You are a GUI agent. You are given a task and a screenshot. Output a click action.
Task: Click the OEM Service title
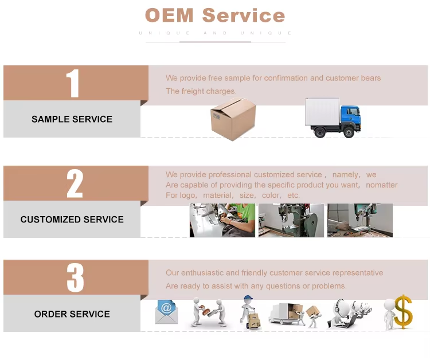click(215, 15)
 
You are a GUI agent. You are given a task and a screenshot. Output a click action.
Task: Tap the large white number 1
click(73, 83)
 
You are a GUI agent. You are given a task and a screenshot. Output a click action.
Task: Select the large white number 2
click(75, 183)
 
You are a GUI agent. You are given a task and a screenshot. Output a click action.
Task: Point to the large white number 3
click(75, 277)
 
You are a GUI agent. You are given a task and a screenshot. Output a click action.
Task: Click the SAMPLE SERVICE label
click(72, 119)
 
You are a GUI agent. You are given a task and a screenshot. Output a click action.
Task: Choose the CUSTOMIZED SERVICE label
click(72, 220)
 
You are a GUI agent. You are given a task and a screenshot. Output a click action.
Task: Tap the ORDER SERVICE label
click(72, 314)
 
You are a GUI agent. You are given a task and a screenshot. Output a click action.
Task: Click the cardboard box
click(233, 119)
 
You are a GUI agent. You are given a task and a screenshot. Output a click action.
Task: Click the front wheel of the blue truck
click(349, 132)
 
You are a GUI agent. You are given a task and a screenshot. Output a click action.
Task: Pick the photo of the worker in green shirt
click(222, 220)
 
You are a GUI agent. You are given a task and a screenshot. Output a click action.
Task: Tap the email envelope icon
click(166, 312)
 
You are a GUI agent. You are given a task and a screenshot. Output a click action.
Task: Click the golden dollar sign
click(403, 312)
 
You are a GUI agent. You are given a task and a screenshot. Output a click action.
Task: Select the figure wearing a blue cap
click(249, 312)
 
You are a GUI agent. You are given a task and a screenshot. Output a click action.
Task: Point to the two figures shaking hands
click(209, 312)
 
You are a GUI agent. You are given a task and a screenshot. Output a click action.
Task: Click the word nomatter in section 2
click(382, 185)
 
